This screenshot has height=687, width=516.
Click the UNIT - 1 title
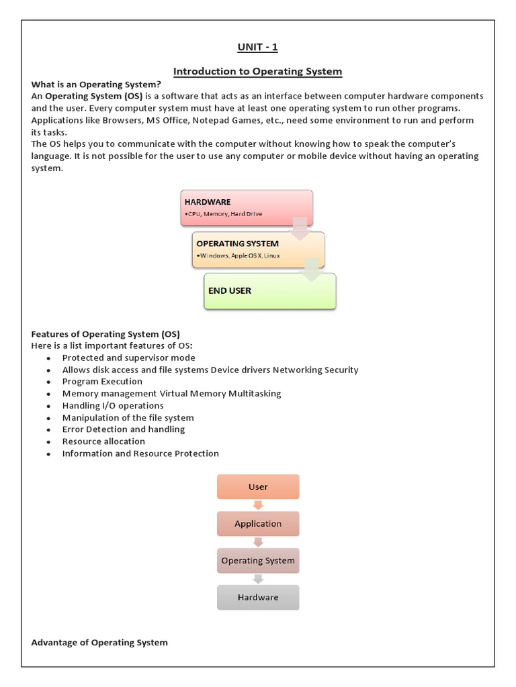[257, 47]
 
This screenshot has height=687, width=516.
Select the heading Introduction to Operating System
[257, 71]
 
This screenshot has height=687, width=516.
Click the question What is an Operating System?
[96, 84]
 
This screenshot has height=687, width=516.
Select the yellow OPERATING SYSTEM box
[258, 250]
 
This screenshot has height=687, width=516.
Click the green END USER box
[269, 291]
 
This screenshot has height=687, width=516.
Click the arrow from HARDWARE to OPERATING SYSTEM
[300, 228]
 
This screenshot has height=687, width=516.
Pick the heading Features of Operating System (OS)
[105, 334]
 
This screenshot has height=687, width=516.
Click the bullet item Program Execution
[102, 382]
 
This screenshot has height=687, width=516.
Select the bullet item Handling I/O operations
[113, 406]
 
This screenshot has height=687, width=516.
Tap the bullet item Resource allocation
[103, 441]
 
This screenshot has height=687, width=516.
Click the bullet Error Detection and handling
[124, 429]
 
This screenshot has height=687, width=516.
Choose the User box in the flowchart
[258, 487]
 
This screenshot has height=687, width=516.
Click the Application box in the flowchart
[258, 524]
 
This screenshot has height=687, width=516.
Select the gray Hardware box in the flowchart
[258, 597]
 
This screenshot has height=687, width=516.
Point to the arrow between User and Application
[258, 505]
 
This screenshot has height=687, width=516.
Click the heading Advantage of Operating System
[99, 643]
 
